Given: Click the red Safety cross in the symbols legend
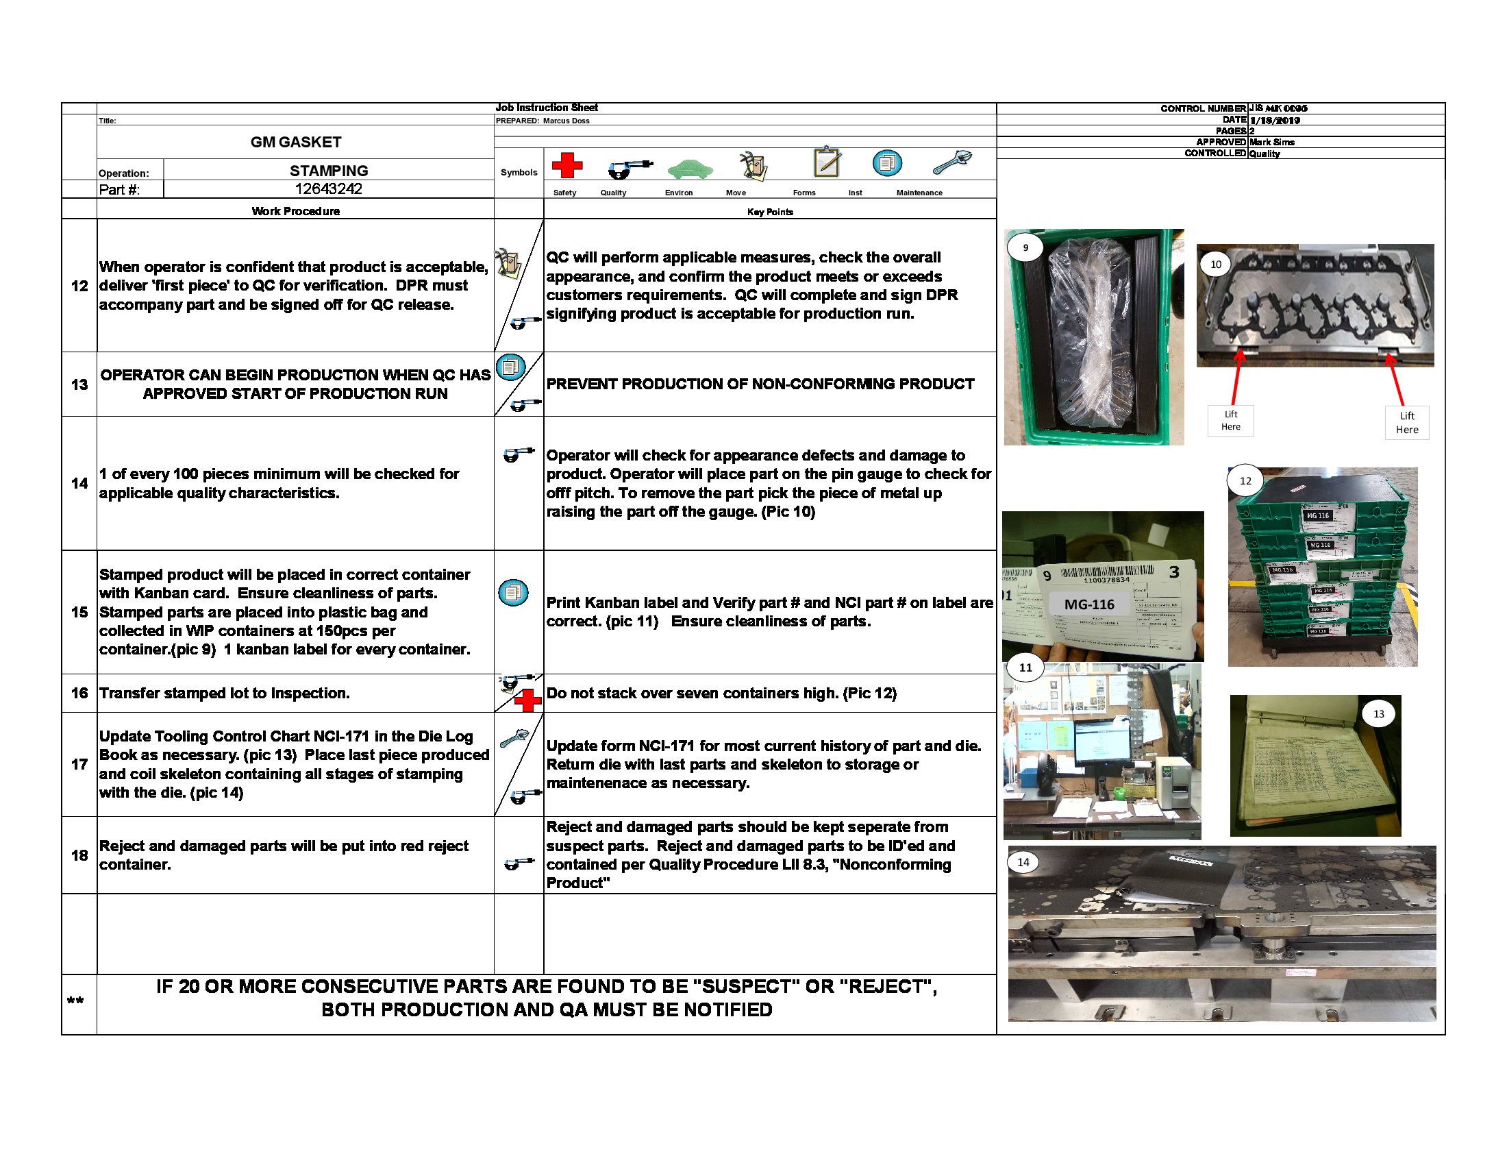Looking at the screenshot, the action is click(566, 166).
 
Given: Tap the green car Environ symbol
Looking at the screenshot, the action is click(689, 169).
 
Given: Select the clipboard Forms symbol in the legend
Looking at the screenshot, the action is click(827, 162).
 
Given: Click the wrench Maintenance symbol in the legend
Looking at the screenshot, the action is click(952, 163).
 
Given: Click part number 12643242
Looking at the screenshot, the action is click(328, 189).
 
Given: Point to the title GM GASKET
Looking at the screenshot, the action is click(295, 142).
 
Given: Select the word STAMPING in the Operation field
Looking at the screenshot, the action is click(328, 171).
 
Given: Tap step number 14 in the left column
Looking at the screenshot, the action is click(79, 483).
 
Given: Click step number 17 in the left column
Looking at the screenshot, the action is click(79, 764).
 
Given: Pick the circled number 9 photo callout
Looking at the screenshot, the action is click(1025, 248).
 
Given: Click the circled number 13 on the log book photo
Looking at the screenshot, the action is click(1378, 713).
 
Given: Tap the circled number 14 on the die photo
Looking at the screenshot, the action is click(1023, 862).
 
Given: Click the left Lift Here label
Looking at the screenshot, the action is click(1230, 420).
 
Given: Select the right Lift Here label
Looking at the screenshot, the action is click(1407, 422).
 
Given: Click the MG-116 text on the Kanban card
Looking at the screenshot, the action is click(1089, 604).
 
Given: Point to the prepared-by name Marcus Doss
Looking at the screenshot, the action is click(566, 121).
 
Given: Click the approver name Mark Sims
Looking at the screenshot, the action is click(1272, 142).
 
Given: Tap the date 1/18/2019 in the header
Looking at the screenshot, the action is click(1275, 120).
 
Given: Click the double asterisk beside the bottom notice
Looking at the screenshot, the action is click(75, 1001).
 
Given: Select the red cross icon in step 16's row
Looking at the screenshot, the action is click(528, 700).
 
